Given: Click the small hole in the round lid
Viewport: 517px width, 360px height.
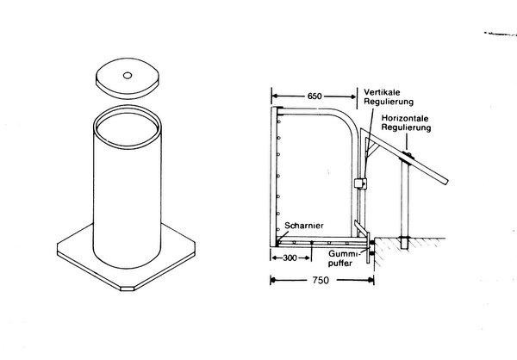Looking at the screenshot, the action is pyautogui.click(x=128, y=76).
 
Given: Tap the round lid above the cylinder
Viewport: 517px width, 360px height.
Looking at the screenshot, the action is pyautogui.click(x=127, y=78).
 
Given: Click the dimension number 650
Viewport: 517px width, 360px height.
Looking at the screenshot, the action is pyautogui.click(x=315, y=96).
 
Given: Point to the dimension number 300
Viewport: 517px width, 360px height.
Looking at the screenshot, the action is pyautogui.click(x=290, y=258).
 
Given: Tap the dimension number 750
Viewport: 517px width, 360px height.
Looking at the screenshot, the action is pyautogui.click(x=321, y=280).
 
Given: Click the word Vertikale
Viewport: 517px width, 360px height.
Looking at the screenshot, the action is pyautogui.click(x=382, y=92).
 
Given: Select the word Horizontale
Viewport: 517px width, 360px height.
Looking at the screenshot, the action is pyautogui.click(x=405, y=118).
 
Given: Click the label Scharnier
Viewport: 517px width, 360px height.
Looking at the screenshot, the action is pyautogui.click(x=304, y=226).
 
